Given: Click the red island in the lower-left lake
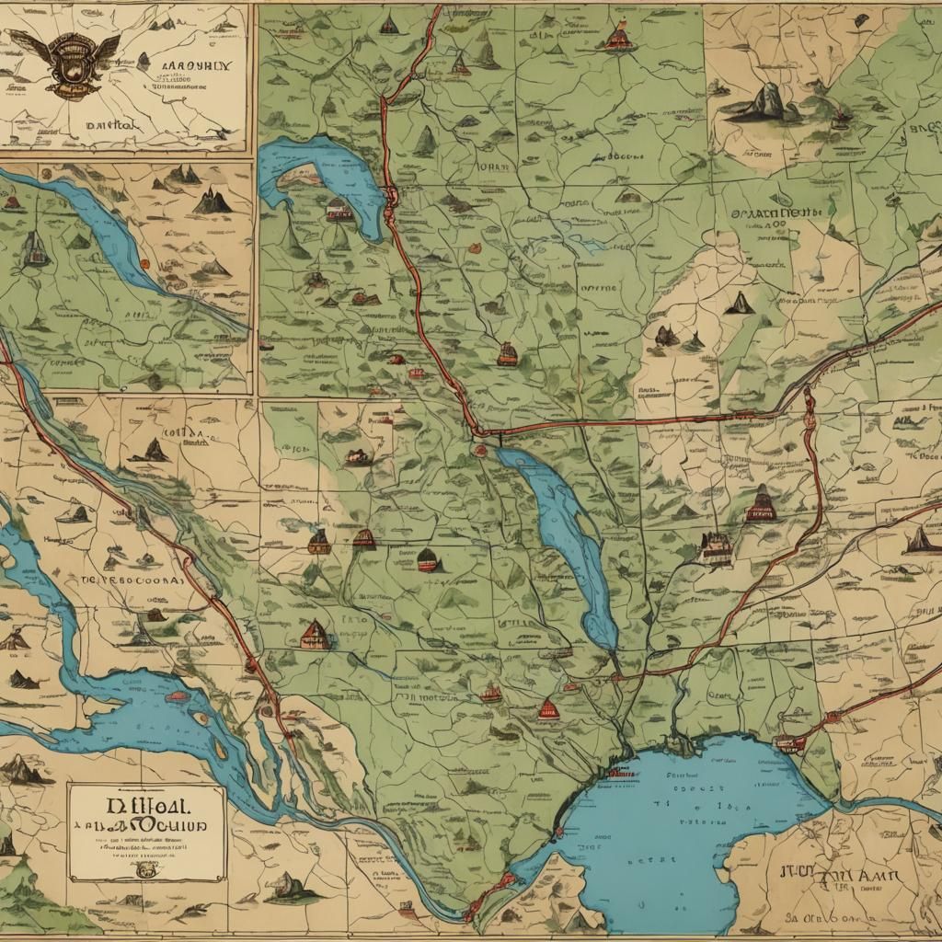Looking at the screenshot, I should click(x=178, y=696).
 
